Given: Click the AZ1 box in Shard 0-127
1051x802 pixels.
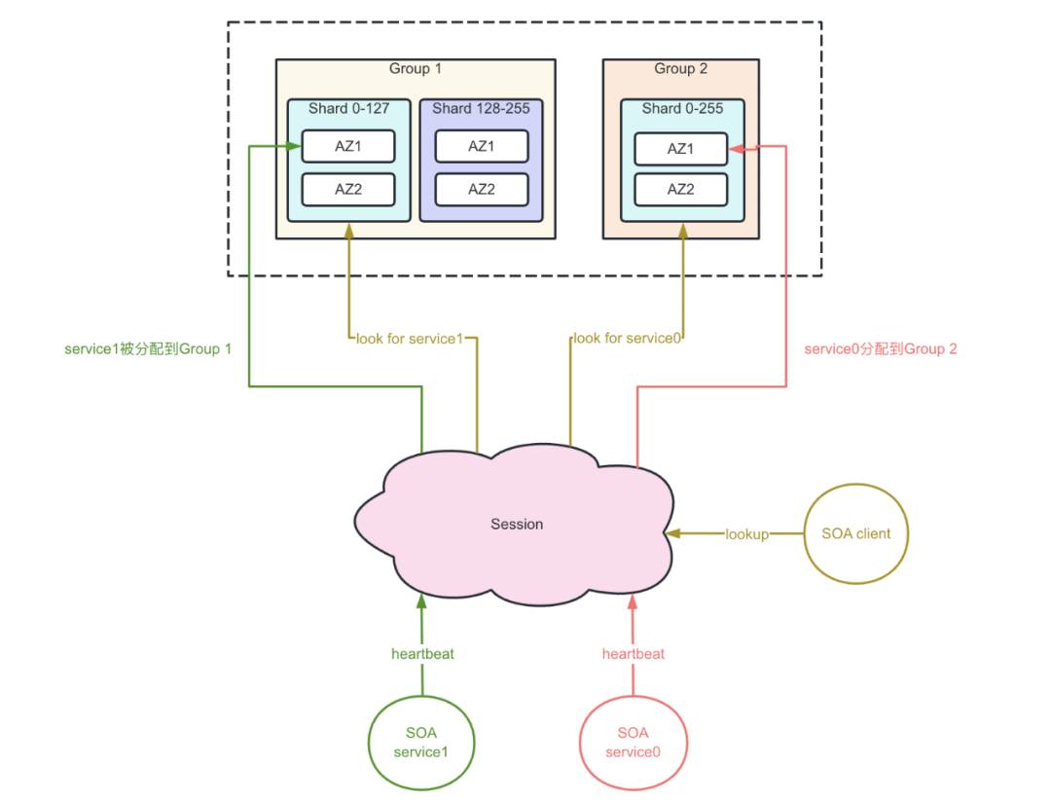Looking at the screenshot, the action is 347,146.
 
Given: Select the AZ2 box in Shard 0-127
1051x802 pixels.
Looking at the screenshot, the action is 347,189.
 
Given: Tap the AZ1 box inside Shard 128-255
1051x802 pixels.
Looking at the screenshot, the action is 482,146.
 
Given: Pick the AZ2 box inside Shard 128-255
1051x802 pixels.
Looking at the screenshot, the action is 482,189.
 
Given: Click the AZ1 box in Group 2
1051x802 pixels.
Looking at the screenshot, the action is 680,149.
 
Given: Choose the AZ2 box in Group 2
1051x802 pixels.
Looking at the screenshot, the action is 680,189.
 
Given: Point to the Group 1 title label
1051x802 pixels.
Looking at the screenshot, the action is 416,68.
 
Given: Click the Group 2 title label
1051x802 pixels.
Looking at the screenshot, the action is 681,68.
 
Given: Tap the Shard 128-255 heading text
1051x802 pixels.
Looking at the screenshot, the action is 481,109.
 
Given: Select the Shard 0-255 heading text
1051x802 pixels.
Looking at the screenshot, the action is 682,109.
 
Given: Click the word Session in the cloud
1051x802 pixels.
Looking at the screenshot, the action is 517,525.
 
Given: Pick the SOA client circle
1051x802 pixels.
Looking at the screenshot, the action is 856,533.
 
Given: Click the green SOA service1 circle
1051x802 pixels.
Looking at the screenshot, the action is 421,743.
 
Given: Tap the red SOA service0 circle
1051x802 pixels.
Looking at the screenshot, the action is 634,743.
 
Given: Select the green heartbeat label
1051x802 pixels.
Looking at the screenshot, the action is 422,654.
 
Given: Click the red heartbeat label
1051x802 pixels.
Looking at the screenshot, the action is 634,654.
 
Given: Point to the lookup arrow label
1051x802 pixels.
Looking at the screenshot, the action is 746,534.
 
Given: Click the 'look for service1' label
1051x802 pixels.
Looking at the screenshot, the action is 410,339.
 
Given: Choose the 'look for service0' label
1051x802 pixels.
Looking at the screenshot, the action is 627,338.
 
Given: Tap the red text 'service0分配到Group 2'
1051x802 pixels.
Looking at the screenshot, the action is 881,348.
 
